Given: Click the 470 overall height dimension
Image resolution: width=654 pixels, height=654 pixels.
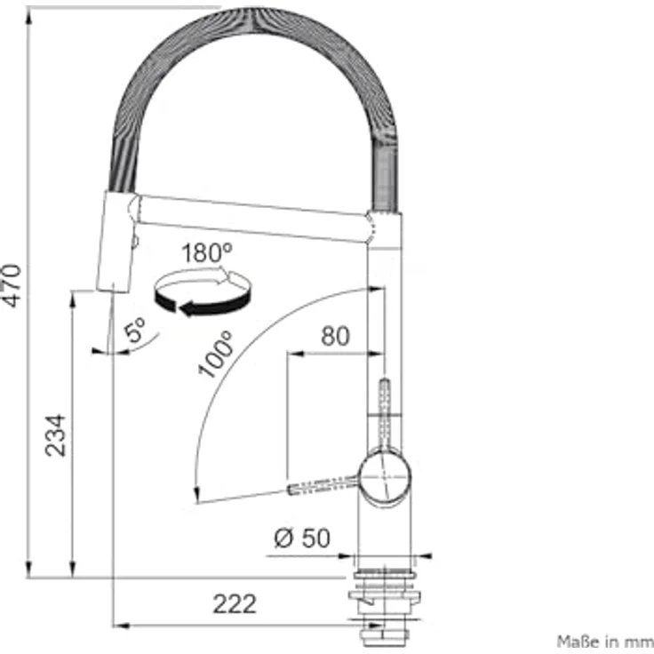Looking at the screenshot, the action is [x=12, y=286].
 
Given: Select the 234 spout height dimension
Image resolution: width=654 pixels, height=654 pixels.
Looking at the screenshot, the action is [x=55, y=435].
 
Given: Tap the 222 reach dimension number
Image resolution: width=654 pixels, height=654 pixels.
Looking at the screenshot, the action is [x=235, y=603].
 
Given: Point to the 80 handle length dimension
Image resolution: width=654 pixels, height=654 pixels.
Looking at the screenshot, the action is [x=335, y=336].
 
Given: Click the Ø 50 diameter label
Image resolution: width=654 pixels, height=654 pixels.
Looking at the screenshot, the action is [x=302, y=538].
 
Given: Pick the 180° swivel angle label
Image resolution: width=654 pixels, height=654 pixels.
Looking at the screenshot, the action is [x=206, y=252].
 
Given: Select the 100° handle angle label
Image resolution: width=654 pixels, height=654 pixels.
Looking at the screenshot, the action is [x=216, y=355].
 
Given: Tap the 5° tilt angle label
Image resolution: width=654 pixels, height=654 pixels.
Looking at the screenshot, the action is [x=135, y=330].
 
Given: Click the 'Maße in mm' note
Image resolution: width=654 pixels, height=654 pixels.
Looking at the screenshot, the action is [x=605, y=641].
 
